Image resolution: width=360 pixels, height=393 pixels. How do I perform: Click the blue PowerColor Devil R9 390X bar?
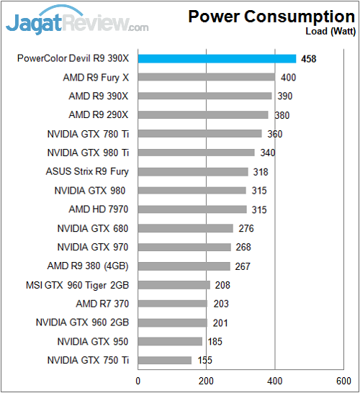pyautogui.click(x=217, y=58)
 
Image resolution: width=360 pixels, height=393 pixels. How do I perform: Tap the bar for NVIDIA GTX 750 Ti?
pyautogui.click(x=165, y=360)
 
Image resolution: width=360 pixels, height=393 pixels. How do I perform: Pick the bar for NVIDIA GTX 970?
pyautogui.click(x=184, y=247)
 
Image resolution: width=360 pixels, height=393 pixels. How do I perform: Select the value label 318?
pyautogui.click(x=261, y=172)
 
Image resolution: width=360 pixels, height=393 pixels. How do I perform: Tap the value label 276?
pyautogui.click(x=246, y=228)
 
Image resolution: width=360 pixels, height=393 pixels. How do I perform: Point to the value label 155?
pyautogui.click(x=204, y=360)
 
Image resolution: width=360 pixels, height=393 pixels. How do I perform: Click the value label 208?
pyautogui.click(x=222, y=285)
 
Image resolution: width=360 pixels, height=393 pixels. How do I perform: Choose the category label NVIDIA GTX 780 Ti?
pyautogui.click(x=89, y=134)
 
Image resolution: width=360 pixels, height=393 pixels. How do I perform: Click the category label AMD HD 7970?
pyautogui.click(x=99, y=209)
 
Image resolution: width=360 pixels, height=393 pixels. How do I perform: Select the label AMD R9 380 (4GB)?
pyautogui.click(x=88, y=266)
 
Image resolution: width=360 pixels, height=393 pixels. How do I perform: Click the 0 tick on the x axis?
pyautogui.click(x=138, y=381)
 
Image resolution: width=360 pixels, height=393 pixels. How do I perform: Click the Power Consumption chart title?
pyautogui.click(x=271, y=17)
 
